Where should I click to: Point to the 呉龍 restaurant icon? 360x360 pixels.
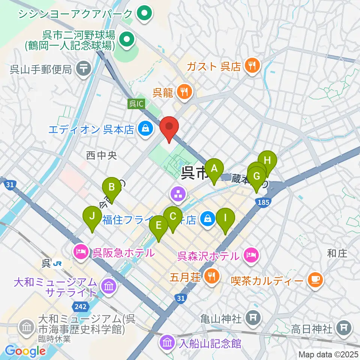click(184, 92)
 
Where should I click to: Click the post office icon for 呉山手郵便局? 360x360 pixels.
click(82, 69)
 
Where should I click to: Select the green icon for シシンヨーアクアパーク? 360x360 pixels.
click(143, 14)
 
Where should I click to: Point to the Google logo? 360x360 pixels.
click(25, 351)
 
